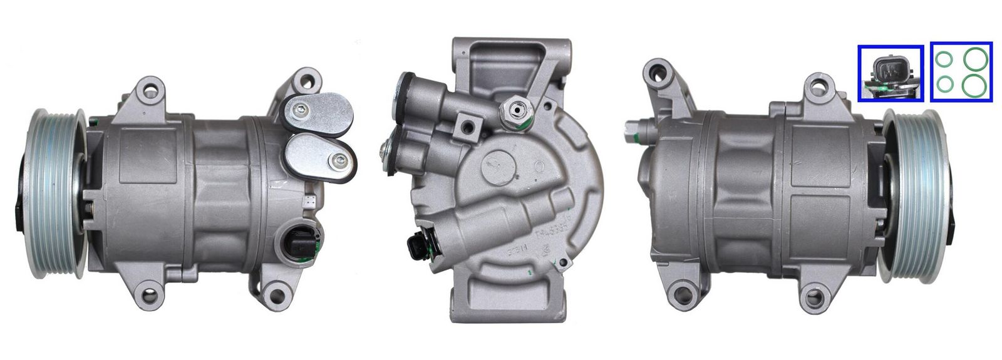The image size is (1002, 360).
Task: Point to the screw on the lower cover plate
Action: click(x=339, y=162)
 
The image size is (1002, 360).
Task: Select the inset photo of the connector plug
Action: click(x=891, y=73)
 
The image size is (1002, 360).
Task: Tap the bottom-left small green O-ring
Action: click(x=945, y=83)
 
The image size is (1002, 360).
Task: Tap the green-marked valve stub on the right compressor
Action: click(x=633, y=131)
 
